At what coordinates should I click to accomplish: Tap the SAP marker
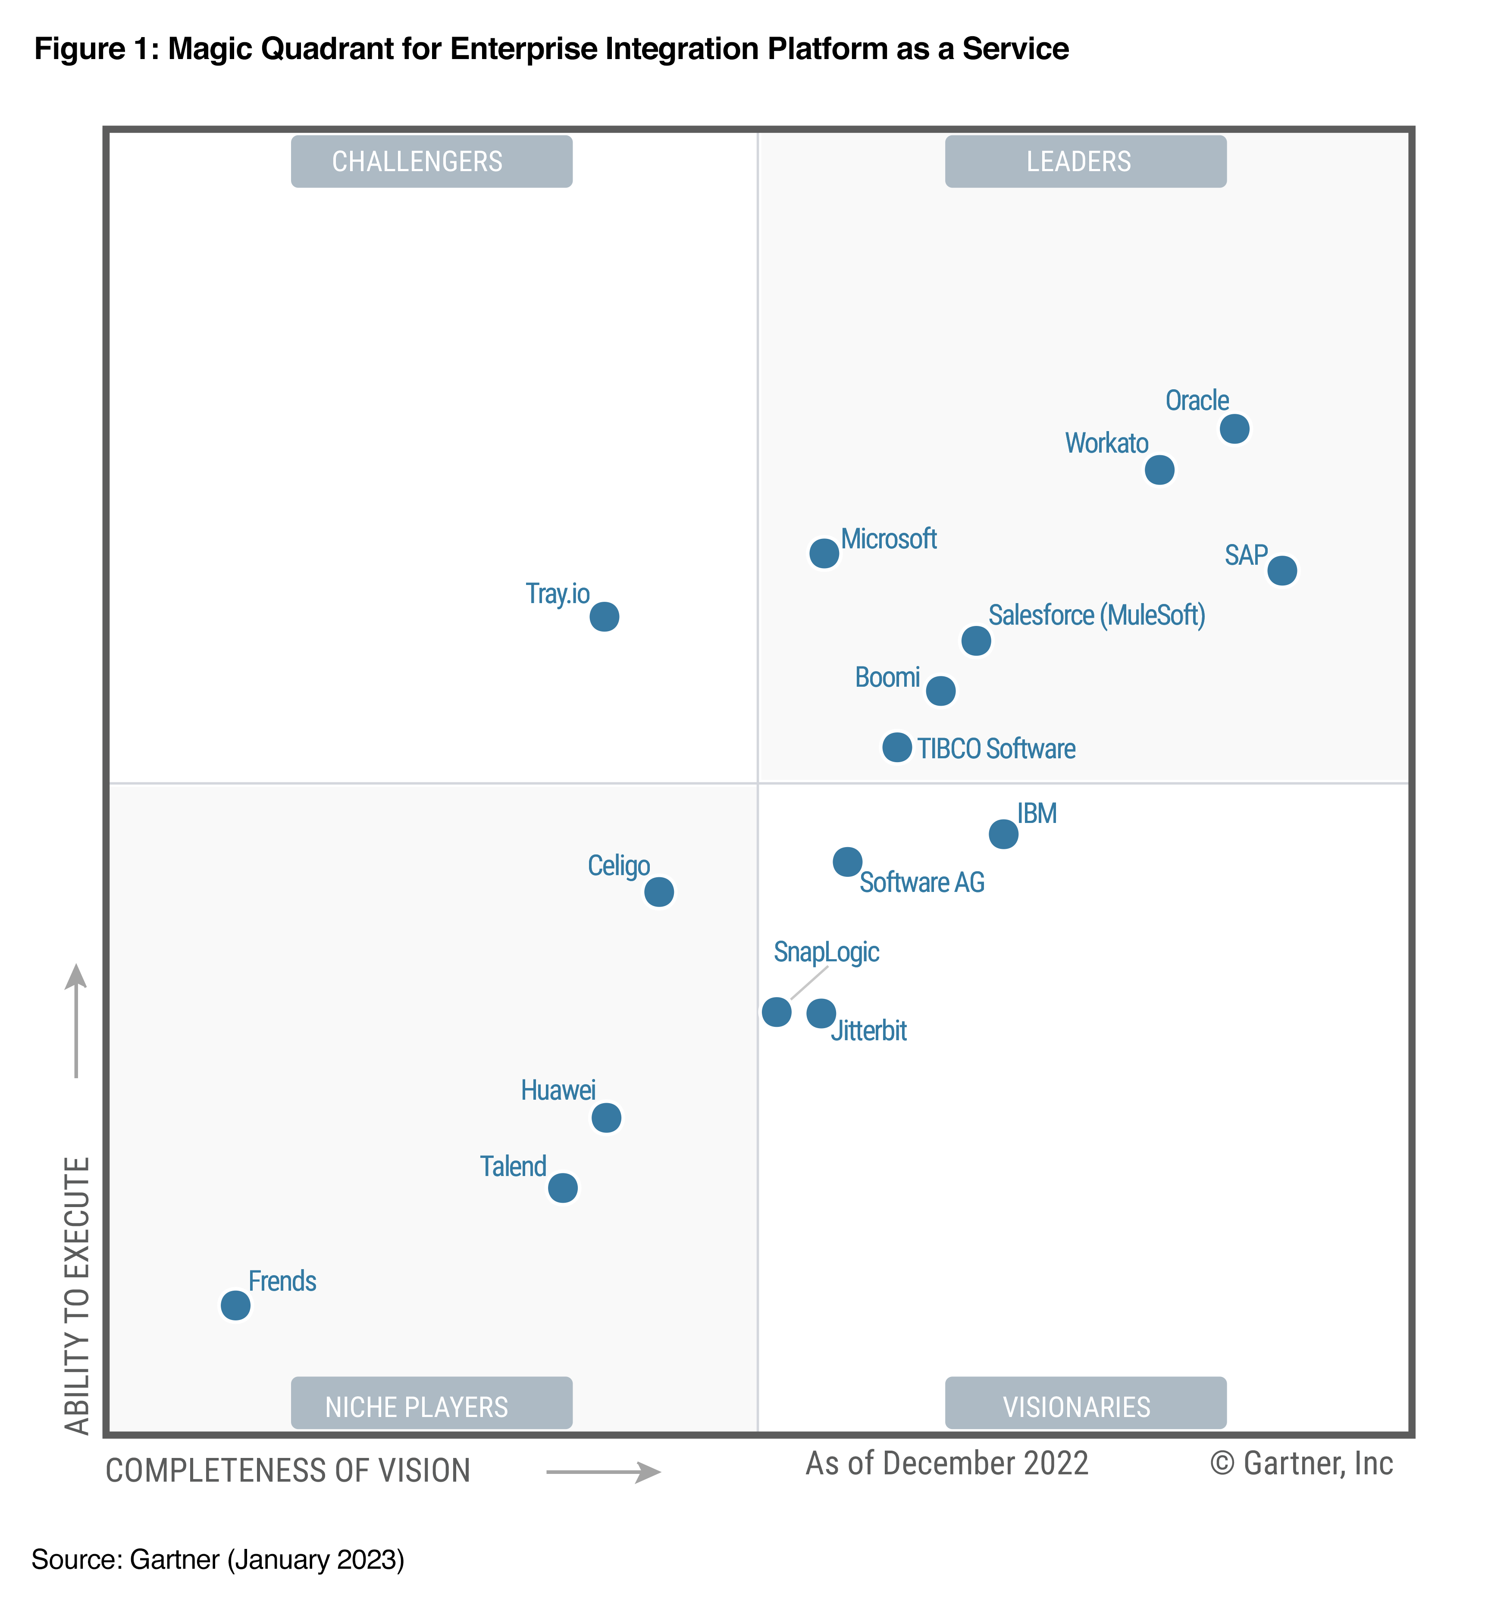[x=1281, y=570]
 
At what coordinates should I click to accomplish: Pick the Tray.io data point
[x=604, y=616]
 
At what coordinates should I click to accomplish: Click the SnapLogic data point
[x=776, y=1012]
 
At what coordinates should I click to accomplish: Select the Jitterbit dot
[x=821, y=1012]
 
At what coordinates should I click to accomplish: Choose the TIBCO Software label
[x=996, y=748]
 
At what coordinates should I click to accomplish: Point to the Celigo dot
[x=658, y=891]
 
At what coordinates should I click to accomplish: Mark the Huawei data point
[x=606, y=1117]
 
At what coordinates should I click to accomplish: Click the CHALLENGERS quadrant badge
[x=431, y=162]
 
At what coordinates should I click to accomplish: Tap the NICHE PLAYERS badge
[x=431, y=1406]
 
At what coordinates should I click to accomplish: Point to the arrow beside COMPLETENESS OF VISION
[x=603, y=1471]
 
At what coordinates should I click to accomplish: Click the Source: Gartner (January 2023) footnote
[x=218, y=1559]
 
